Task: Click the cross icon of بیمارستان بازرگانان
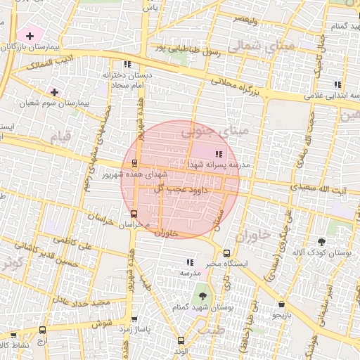[30, 35]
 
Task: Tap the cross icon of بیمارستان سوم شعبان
[54, 92]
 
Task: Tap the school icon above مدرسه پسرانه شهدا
[219, 153]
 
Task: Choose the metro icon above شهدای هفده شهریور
[134, 162]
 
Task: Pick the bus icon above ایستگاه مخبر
[226, 253]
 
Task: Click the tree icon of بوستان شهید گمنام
[202, 295]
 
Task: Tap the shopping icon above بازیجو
[282, 304]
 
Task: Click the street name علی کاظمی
[76, 244]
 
